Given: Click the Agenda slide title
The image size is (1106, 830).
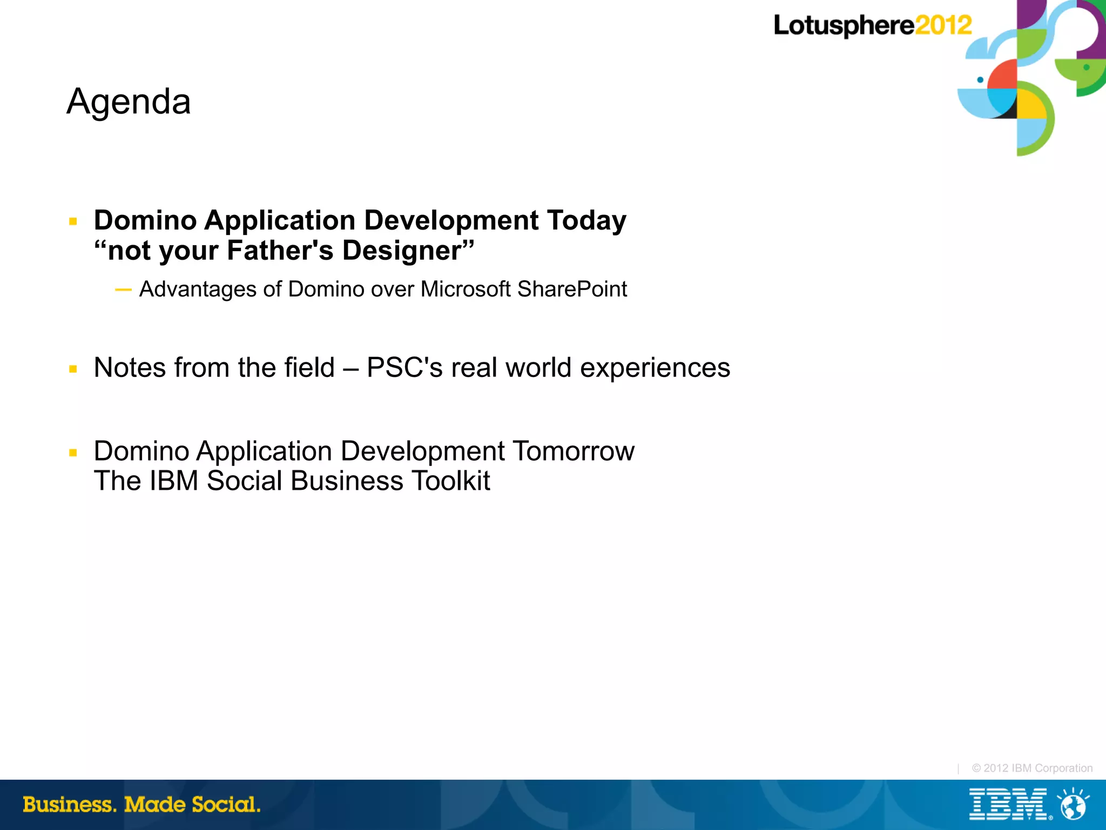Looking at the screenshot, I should pyautogui.click(x=129, y=102).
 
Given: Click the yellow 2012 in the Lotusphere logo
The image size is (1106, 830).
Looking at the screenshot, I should pyautogui.click(x=943, y=25).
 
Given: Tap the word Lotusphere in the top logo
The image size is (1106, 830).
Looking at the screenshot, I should pyautogui.click(x=844, y=26).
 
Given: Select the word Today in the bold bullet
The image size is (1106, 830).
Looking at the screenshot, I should pyautogui.click(x=586, y=220).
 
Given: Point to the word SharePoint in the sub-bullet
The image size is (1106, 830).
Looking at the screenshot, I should pyautogui.click(x=572, y=289).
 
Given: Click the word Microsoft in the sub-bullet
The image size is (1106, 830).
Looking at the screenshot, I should pyautogui.click(x=466, y=289).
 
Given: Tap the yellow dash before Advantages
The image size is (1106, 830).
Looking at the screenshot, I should pyautogui.click(x=123, y=290).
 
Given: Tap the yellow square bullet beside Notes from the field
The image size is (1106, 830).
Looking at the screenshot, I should pyautogui.click(x=73, y=369).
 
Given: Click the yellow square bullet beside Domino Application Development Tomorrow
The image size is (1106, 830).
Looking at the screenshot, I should pyautogui.click(x=73, y=453).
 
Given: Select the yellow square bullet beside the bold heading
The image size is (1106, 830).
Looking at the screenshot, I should pyautogui.click(x=73, y=221).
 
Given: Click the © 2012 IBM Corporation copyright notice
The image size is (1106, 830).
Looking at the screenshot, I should pyautogui.click(x=1032, y=768).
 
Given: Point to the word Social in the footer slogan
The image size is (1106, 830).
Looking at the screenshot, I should pyautogui.click(x=226, y=805).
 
